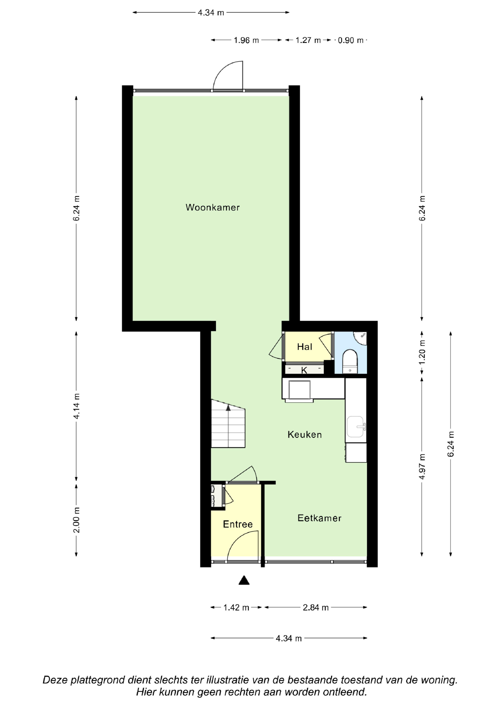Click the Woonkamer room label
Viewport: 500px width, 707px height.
[212, 207]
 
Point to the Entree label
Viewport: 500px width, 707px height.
[237, 524]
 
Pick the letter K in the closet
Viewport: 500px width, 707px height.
[304, 370]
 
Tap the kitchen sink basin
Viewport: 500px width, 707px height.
[355, 427]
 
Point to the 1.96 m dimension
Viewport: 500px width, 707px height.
[246, 40]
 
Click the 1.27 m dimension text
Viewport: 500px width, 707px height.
[308, 40]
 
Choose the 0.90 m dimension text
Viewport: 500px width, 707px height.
[350, 40]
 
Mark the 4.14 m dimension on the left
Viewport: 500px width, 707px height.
[76, 406]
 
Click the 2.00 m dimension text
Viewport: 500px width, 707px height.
[76, 520]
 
